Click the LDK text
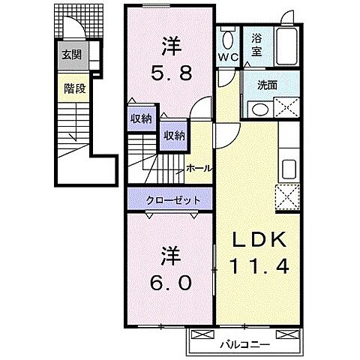click(258, 241)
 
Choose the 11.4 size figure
click(258, 268)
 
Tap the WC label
click(229, 56)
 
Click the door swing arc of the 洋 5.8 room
click(199, 109)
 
